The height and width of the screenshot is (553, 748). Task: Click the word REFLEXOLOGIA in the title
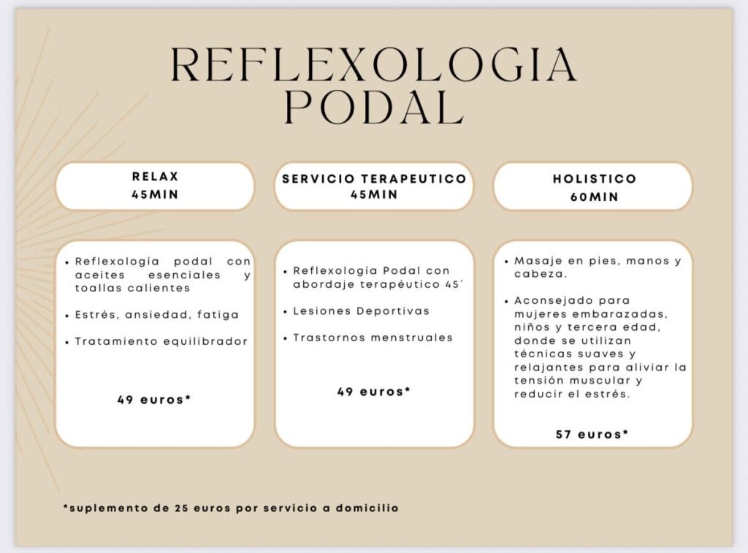click(x=373, y=65)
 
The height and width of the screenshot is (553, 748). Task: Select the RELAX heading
click(x=155, y=177)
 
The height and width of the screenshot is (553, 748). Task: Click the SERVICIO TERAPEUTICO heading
click(x=374, y=179)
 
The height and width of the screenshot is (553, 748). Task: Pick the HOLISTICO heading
click(x=594, y=179)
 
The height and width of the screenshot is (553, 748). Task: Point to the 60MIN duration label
click(x=594, y=197)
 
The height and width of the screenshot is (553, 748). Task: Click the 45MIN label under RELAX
click(x=155, y=195)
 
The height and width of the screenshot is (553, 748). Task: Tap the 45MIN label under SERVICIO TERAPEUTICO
click(x=374, y=194)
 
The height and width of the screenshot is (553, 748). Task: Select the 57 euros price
click(x=592, y=434)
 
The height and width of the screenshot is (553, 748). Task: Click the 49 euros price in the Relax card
click(x=154, y=400)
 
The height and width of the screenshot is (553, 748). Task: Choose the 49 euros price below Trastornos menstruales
click(x=374, y=392)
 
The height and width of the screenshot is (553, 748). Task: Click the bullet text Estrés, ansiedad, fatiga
click(x=157, y=315)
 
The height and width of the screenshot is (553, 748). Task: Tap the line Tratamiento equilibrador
click(x=161, y=341)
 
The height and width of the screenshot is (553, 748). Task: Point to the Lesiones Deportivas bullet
click(x=362, y=310)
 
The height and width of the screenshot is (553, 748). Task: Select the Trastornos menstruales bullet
click(x=373, y=337)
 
